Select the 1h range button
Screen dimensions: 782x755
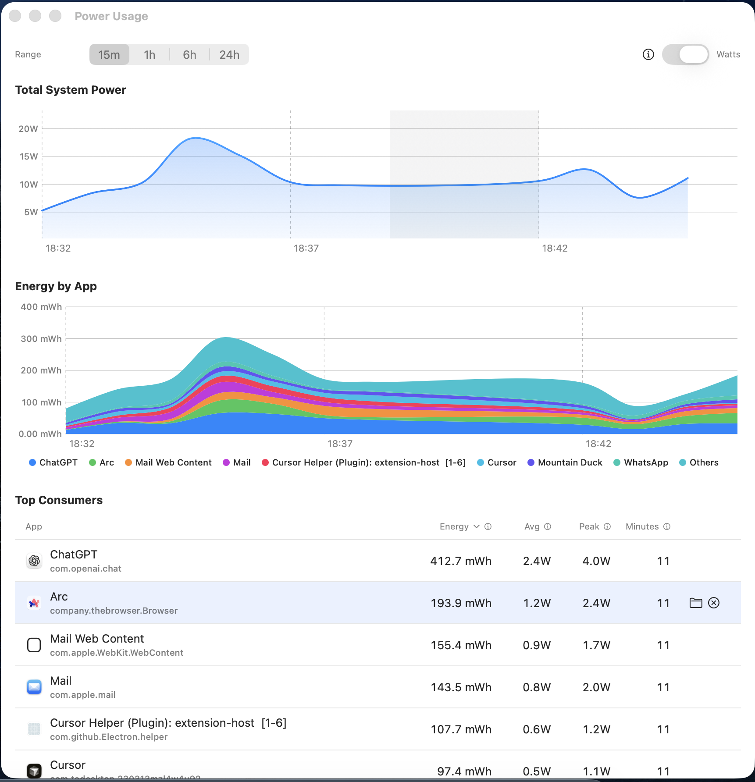click(150, 55)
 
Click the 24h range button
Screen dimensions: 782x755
click(229, 55)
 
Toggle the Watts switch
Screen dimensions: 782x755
click(685, 55)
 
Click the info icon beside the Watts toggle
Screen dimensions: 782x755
click(648, 54)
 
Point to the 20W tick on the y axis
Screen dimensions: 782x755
click(28, 129)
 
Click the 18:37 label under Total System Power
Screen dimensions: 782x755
click(306, 249)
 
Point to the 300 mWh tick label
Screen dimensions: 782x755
click(41, 339)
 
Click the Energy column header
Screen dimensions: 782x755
click(454, 526)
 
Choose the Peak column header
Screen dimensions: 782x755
click(589, 526)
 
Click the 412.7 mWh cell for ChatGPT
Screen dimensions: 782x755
click(461, 561)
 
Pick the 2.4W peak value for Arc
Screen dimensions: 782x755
click(596, 603)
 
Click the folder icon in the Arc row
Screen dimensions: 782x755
click(696, 603)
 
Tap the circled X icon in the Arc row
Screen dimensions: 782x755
click(714, 603)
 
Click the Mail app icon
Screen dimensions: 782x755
click(34, 687)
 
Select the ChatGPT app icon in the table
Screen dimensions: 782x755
click(34, 561)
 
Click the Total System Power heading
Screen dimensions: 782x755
click(71, 90)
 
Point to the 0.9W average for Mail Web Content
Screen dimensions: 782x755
click(537, 645)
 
